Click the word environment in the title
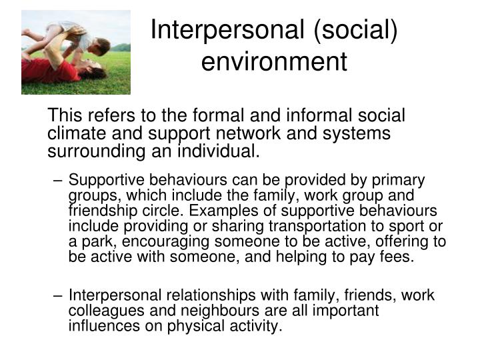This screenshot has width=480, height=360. tap(274, 61)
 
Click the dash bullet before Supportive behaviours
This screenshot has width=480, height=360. tap(59, 181)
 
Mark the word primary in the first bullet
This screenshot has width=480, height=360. tap(400, 181)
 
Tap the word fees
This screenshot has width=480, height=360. tap(400, 257)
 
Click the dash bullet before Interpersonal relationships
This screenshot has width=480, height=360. tap(59, 296)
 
